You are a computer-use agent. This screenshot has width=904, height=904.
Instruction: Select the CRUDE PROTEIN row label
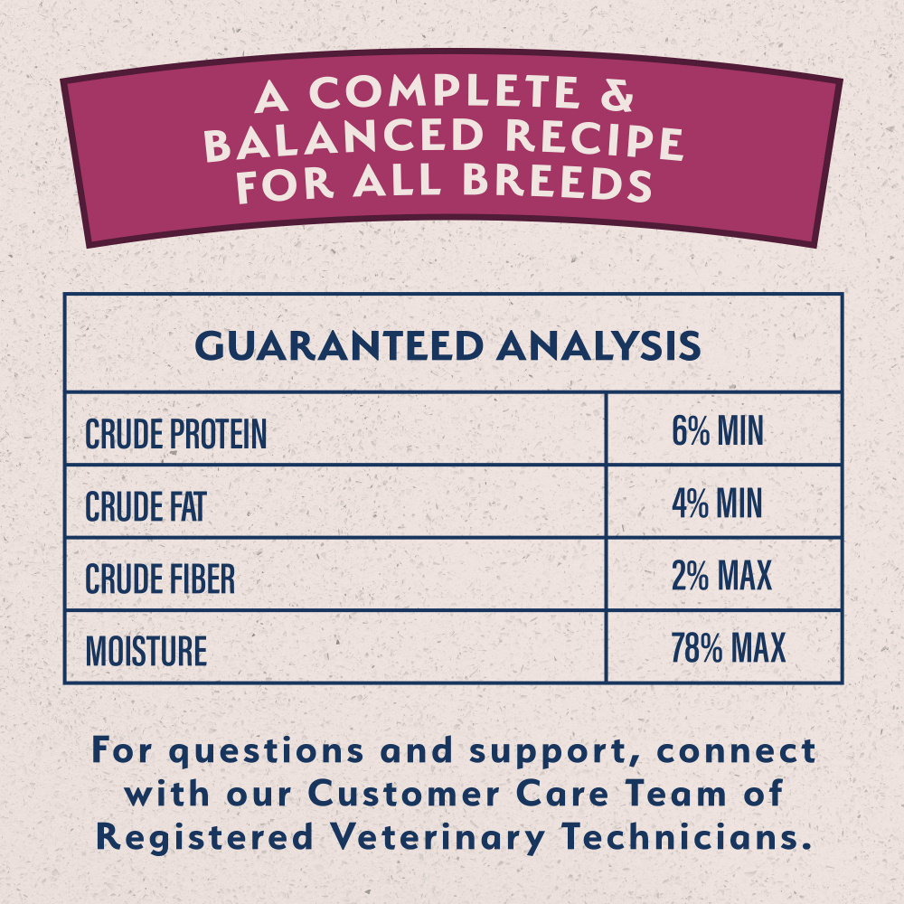176,434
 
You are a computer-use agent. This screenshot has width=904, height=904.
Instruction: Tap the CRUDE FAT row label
146,506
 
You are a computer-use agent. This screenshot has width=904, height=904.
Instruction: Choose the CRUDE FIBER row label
160,579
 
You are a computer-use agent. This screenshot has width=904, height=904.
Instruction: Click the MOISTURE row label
146,651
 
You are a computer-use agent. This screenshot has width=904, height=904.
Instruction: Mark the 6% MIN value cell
717,432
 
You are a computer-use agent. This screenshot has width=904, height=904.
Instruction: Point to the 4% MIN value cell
717,504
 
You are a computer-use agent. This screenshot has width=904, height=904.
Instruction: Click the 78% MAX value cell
728,648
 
